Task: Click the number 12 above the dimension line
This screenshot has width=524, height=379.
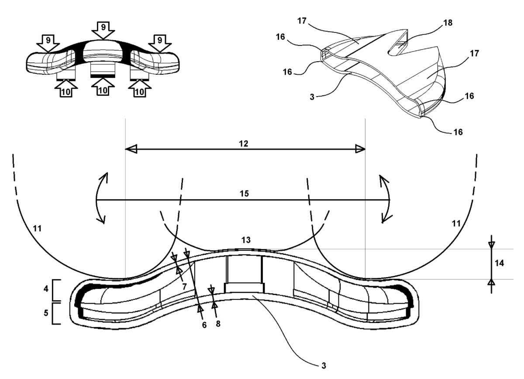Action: click(x=244, y=143)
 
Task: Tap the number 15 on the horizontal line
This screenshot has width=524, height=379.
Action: click(x=244, y=194)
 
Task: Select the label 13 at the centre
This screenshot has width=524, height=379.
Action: click(x=246, y=240)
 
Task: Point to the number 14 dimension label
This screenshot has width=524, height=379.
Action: click(x=499, y=263)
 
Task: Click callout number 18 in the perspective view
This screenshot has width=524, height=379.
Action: click(x=448, y=23)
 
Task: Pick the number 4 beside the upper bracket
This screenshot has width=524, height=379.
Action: click(x=46, y=289)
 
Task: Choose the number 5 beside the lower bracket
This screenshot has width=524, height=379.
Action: click(x=46, y=313)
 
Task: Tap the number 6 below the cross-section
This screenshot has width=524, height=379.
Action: click(x=204, y=325)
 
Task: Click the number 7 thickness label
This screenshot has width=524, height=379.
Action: click(x=185, y=286)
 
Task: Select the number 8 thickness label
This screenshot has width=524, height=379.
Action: click(x=218, y=324)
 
